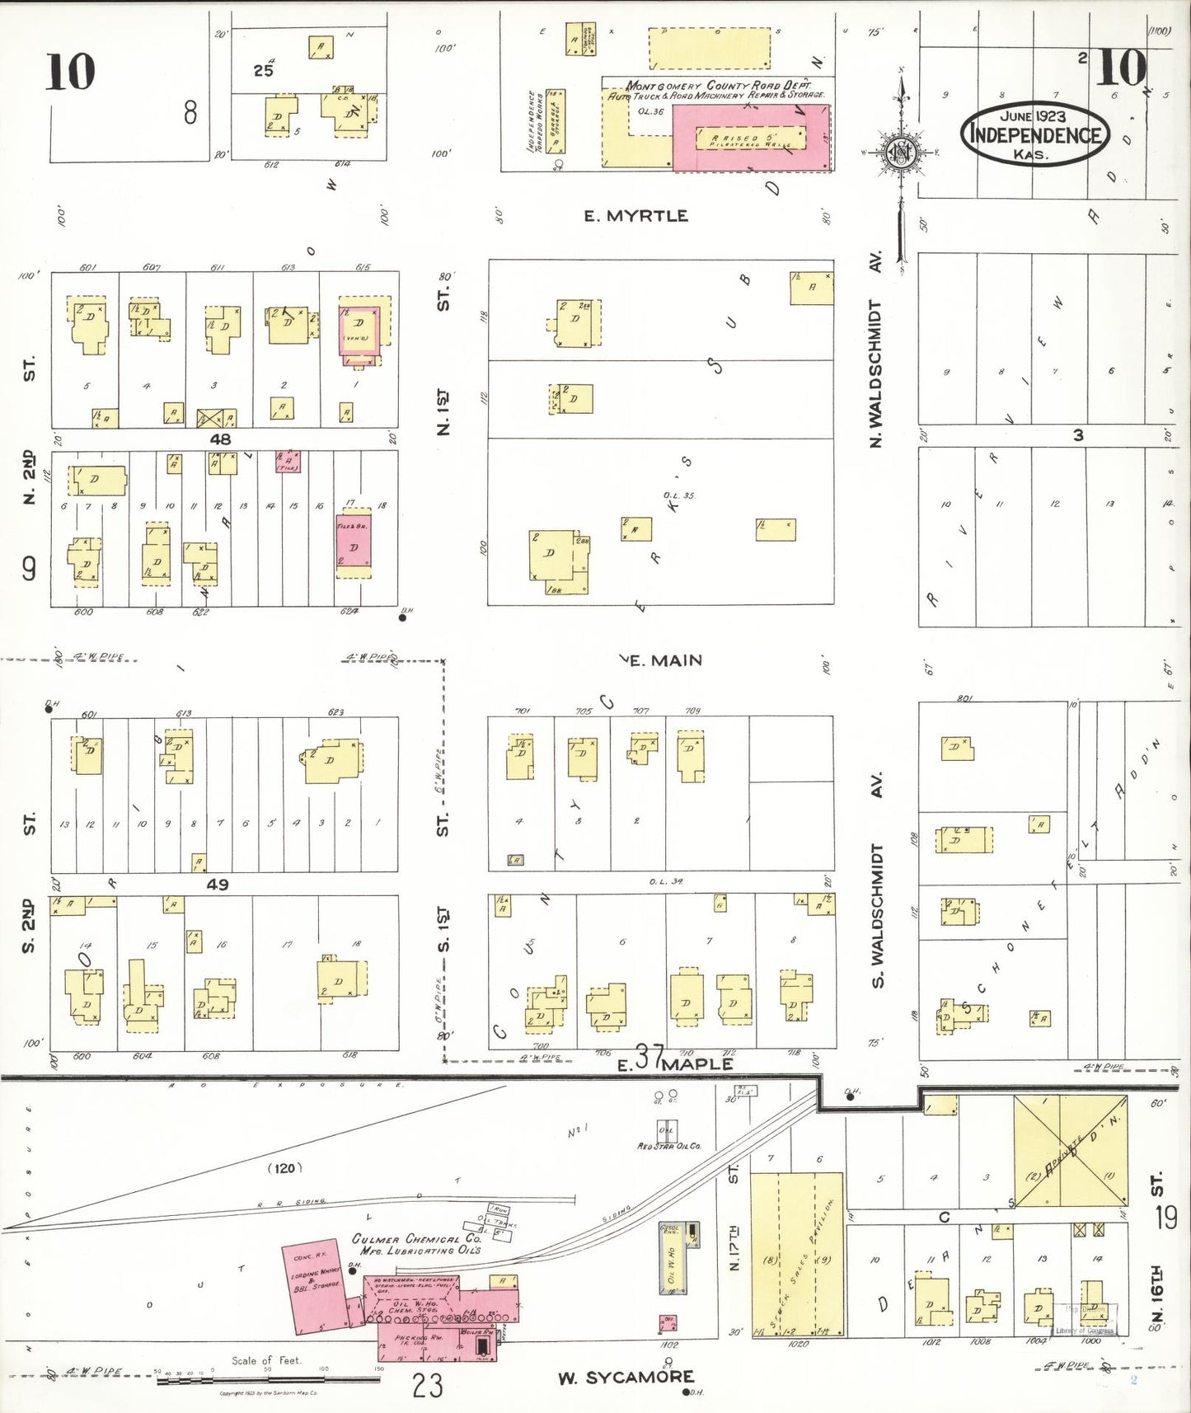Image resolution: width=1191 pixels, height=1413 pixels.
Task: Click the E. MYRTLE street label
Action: pos(635,216)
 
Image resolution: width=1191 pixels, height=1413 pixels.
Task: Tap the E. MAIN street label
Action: pos(665,660)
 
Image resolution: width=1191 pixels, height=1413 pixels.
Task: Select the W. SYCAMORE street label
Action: pos(626,1378)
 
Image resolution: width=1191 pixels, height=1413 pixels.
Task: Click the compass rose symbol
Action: pos(900,153)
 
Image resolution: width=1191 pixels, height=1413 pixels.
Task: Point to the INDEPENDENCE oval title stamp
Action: pos(1034,134)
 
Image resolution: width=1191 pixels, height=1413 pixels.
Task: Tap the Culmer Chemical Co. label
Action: pos(416,1244)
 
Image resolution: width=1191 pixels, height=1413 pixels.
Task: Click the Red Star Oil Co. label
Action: pos(668,1146)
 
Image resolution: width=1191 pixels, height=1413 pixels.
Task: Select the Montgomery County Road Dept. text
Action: pos(717,86)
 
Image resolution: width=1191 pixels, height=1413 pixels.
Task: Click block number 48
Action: pos(220,439)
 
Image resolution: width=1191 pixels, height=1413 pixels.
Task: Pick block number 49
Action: pos(217,885)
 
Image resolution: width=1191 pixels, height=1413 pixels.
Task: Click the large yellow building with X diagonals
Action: pos(1070,1151)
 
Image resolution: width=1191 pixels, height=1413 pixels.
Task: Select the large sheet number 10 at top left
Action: pos(70,72)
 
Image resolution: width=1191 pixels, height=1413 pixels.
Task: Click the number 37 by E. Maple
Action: pos(649,1057)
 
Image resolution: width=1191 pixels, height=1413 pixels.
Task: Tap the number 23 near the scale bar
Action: pos(428,1385)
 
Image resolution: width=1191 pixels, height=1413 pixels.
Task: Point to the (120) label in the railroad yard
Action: pos(284,1168)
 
